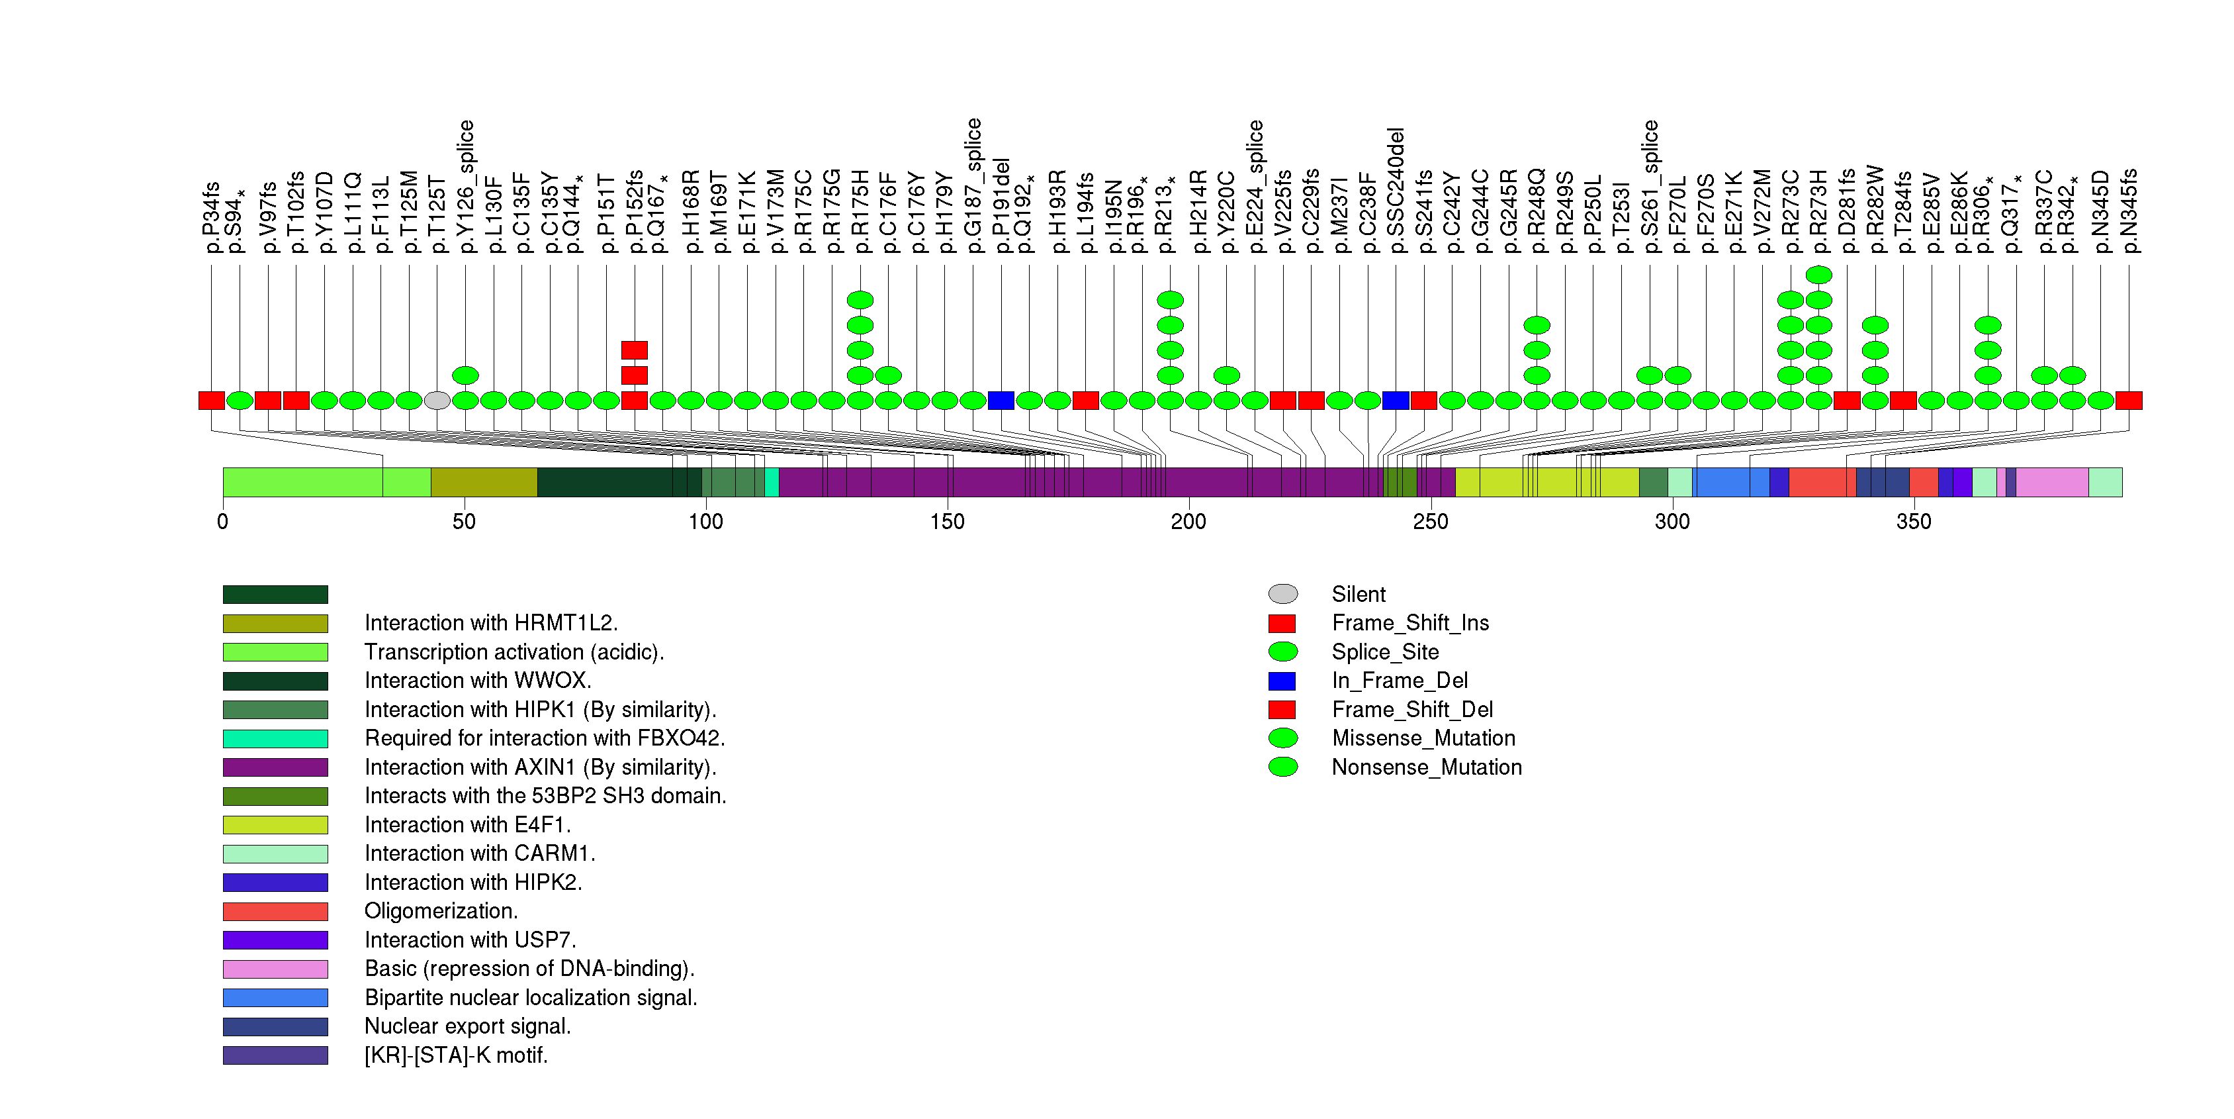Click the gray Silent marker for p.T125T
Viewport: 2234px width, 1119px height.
[437, 401]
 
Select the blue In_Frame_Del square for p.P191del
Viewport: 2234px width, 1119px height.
[1001, 401]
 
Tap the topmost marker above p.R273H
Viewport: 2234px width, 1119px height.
[1818, 275]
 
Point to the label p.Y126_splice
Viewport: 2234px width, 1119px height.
[466, 187]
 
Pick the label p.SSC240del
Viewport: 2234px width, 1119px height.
[1396, 191]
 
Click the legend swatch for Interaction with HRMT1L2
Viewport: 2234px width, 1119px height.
[275, 624]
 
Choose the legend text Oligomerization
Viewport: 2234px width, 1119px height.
[441, 912]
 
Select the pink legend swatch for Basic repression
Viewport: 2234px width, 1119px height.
[275, 969]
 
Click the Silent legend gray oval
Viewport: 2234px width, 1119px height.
[1282, 594]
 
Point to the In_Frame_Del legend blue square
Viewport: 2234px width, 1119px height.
[1282, 681]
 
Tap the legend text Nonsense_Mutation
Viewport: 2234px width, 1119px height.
[1427, 767]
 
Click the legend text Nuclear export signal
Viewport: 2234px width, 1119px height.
[467, 1027]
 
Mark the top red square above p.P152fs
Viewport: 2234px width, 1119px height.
[634, 350]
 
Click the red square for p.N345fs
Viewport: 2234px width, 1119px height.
[2128, 401]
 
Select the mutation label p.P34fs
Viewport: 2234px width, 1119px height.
[210, 218]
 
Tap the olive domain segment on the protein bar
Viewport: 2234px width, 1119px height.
[484, 482]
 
